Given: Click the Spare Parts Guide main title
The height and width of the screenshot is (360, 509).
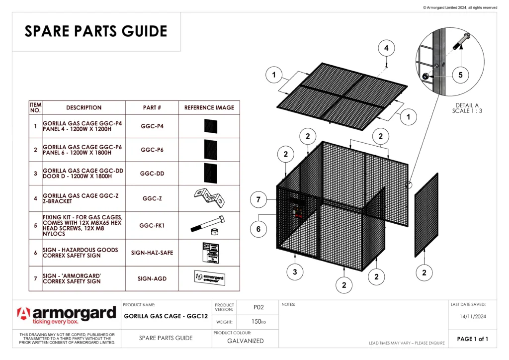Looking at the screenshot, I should click(96, 31).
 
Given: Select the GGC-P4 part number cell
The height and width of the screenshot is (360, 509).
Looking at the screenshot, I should click(152, 126).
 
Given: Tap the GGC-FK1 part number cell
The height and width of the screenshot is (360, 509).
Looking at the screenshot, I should click(152, 225).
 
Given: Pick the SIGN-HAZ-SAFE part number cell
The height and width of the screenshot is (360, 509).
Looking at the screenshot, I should click(152, 253).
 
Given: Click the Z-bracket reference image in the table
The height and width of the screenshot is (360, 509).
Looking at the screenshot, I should click(209, 198).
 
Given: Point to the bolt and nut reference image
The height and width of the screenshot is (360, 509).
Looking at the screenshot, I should click(209, 226).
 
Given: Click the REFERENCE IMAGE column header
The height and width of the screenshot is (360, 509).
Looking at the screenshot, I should click(209, 107).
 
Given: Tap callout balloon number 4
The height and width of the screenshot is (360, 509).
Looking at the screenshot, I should click(386, 48).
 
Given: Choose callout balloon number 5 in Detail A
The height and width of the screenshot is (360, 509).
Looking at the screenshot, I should click(460, 75).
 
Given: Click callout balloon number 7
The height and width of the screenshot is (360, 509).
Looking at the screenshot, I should click(258, 200).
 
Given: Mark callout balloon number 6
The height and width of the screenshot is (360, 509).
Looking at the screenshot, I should click(258, 229).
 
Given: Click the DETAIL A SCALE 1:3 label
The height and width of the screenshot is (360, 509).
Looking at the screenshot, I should click(467, 108).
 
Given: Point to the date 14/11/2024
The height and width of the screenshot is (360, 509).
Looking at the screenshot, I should click(472, 316).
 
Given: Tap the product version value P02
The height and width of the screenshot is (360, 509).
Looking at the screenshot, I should click(258, 307).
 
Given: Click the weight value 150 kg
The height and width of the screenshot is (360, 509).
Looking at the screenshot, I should click(258, 322).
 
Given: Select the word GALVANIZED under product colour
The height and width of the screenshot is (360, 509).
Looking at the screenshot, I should click(245, 341).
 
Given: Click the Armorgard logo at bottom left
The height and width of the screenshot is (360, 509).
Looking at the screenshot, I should click(67, 315).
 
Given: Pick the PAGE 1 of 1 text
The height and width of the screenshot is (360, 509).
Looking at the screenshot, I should click(472, 339).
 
